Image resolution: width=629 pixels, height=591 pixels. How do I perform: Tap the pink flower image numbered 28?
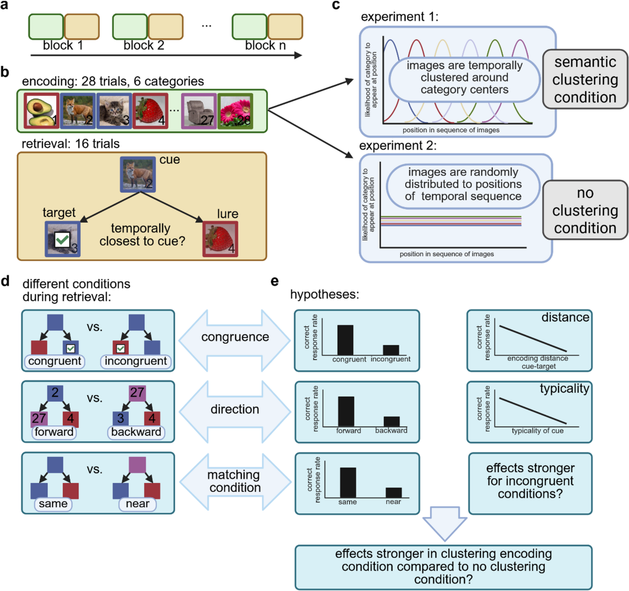point(235,111)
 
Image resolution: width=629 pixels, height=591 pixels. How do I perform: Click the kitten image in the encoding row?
point(114,111)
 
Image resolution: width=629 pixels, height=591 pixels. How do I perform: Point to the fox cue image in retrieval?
point(137,174)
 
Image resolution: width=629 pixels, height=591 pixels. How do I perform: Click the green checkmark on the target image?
point(62,240)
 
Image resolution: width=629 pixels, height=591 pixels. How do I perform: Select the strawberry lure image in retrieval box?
point(220,239)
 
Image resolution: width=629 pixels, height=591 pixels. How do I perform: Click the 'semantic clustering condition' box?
point(585,79)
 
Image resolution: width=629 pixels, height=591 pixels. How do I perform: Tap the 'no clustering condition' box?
point(585,210)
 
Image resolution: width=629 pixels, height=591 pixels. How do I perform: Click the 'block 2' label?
point(144,46)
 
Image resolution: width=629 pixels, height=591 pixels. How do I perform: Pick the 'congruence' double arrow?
point(235,337)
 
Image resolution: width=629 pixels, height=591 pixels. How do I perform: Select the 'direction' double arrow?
point(235,409)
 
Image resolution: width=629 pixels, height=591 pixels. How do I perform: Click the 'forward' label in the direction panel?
point(54,432)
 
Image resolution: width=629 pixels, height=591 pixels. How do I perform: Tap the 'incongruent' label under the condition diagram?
point(136,361)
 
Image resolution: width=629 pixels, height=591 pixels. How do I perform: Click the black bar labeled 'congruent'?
point(345,340)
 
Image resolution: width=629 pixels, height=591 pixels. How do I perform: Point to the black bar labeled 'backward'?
point(392,421)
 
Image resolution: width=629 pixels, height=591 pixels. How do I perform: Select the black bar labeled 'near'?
point(394,492)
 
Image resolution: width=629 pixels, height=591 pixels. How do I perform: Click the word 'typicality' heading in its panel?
point(565,389)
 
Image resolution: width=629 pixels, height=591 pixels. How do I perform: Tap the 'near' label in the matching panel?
point(138,504)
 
